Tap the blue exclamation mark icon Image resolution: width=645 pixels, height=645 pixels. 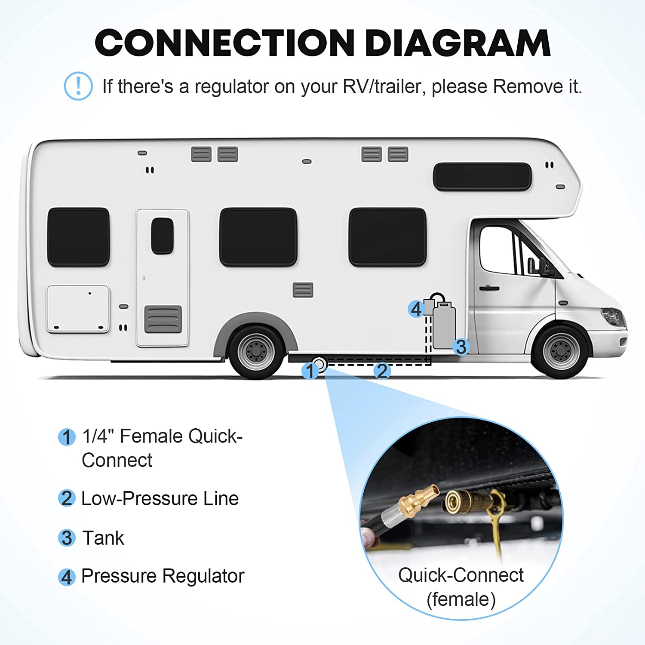(x=78, y=86)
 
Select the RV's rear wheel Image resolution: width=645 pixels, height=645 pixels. (x=256, y=352)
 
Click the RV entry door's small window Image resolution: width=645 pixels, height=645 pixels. (x=162, y=236)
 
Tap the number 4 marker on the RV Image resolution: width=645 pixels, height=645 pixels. (x=416, y=309)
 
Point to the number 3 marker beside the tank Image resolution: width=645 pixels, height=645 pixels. (x=461, y=347)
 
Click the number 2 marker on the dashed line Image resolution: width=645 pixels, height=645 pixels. (x=382, y=371)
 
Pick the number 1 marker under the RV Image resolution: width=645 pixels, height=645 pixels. (x=310, y=371)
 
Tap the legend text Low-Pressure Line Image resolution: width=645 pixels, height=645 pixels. (x=160, y=499)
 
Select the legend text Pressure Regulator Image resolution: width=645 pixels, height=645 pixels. (x=163, y=576)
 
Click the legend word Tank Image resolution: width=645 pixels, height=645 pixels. (x=103, y=538)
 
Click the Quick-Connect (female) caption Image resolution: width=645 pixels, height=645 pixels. (x=461, y=587)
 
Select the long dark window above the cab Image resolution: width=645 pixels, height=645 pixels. (x=482, y=176)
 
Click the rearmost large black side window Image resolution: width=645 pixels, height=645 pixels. (x=78, y=237)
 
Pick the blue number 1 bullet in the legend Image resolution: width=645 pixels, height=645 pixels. (x=67, y=437)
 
